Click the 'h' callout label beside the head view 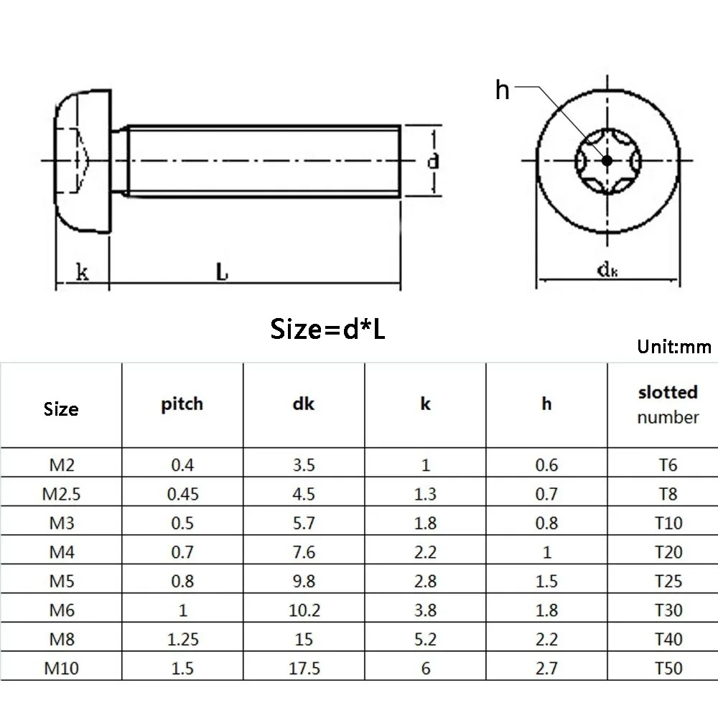[x=503, y=90]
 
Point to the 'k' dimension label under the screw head [x=83, y=272]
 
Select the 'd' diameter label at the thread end [x=433, y=162]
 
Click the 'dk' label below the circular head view [x=607, y=270]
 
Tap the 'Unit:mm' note [x=673, y=348]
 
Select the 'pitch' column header [x=182, y=404]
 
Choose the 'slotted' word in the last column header [x=668, y=392]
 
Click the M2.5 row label [x=61, y=494]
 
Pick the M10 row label [x=61, y=668]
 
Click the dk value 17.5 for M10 [x=304, y=668]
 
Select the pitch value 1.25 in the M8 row [x=182, y=639]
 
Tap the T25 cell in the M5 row [x=668, y=581]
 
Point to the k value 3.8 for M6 [x=425, y=610]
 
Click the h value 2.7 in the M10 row [x=546, y=668]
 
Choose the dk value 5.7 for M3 [x=304, y=523]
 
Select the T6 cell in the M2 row [x=668, y=465]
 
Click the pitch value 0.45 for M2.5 [x=182, y=494]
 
